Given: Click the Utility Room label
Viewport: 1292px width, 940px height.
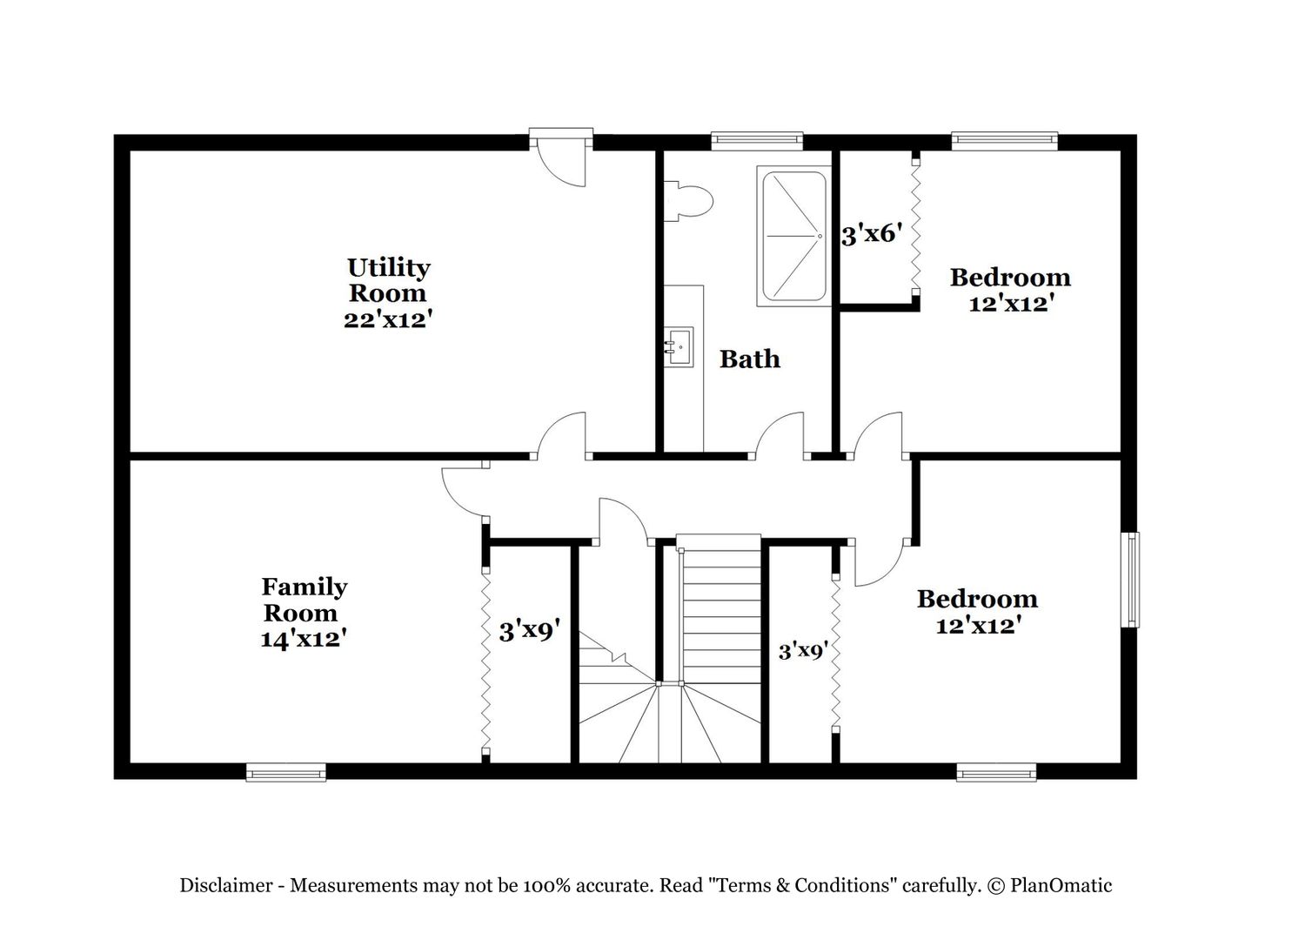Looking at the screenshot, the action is click(x=388, y=280).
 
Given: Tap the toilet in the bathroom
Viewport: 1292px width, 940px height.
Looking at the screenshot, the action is click(x=687, y=201).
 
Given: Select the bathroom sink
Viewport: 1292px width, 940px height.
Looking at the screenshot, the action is click(x=679, y=347).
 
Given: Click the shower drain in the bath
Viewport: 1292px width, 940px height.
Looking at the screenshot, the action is click(x=820, y=236).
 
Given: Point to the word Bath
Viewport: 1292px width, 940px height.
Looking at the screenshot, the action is click(x=750, y=359).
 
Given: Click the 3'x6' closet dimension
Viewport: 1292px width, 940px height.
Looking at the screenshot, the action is click(x=871, y=235).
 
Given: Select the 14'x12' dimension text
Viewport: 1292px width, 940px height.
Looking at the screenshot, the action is click(x=304, y=640).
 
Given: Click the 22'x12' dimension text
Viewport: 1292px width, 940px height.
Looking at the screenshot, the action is click(x=388, y=319).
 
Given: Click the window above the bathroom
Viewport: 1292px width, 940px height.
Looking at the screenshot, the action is click(x=757, y=141).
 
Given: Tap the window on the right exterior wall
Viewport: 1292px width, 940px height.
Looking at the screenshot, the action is click(x=1130, y=580).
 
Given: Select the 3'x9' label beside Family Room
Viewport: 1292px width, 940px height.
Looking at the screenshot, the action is click(x=529, y=631).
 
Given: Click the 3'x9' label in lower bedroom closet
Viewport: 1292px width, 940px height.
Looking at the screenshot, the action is click(x=803, y=652).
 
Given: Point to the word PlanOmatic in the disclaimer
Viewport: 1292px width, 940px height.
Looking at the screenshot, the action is click(x=1061, y=885).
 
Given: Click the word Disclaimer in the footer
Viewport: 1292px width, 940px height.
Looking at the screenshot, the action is click(x=225, y=885).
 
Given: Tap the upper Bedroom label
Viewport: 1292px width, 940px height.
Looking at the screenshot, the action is click(x=1010, y=278).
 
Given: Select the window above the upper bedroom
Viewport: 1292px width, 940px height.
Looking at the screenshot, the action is click(x=1005, y=141).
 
